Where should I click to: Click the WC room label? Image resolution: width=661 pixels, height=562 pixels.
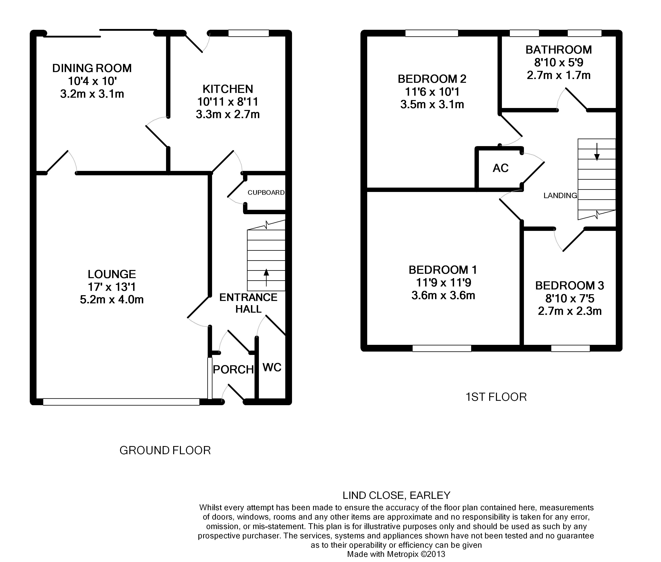coord(272,367)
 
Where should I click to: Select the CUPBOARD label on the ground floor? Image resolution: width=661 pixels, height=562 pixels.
coord(266,192)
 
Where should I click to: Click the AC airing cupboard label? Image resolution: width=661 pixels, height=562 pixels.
coord(501,168)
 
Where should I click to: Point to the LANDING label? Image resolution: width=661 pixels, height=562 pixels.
coord(560,196)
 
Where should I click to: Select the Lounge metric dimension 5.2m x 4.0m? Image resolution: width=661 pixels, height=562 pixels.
coord(112,300)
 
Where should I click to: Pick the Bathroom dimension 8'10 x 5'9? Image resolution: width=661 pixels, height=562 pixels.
coord(559,63)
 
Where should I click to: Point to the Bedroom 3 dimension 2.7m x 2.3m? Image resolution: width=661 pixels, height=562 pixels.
coord(570,311)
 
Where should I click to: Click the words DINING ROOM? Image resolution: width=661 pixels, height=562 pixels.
coord(92,68)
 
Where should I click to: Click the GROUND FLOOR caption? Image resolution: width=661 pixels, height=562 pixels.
coord(165,450)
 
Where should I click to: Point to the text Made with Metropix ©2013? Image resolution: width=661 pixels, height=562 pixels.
coord(396,554)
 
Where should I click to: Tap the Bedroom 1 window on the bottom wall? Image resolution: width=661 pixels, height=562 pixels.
coord(442,348)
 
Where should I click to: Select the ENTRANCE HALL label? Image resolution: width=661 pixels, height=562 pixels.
coord(248,303)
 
